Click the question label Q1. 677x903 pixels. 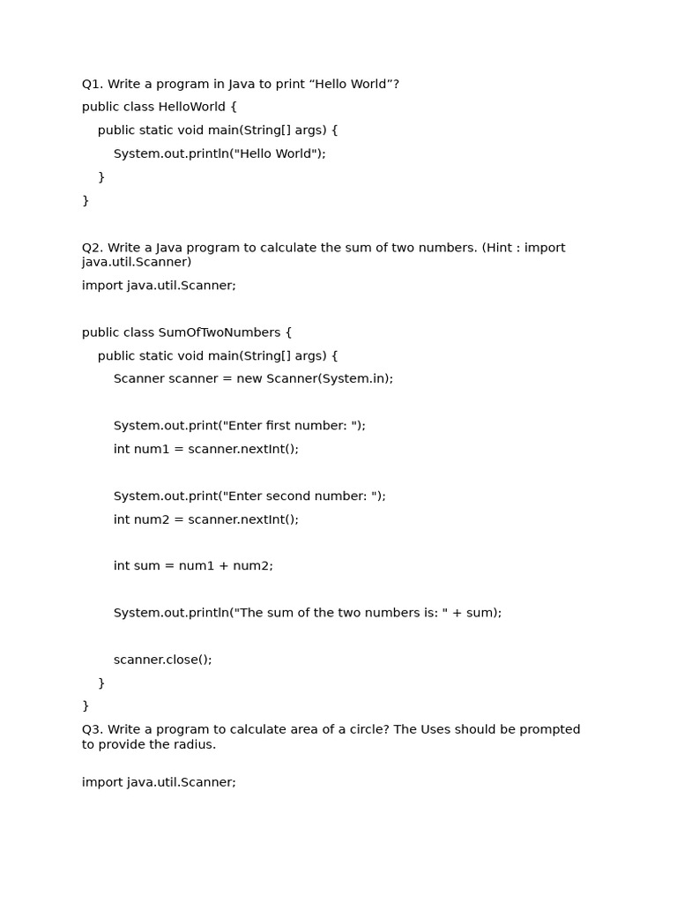tap(92, 84)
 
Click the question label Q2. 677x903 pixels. tap(92, 248)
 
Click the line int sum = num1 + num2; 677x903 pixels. tap(193, 566)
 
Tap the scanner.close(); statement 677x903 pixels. tap(163, 660)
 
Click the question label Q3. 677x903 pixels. tap(92, 729)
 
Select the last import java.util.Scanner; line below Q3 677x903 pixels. tap(159, 782)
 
